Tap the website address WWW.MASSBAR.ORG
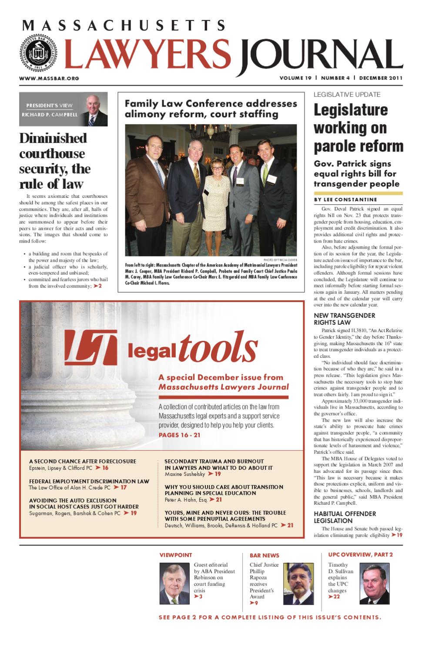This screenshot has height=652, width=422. tap(49, 79)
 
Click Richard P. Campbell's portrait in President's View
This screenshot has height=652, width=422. tap(96, 111)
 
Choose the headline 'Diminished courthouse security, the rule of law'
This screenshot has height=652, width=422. tap(55, 161)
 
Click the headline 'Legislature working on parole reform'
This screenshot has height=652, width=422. tap(358, 128)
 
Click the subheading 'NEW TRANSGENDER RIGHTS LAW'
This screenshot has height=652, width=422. tap(344, 319)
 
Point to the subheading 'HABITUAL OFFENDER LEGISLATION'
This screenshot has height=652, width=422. tap(345, 517)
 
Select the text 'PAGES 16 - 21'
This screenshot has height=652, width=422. tap(179, 435)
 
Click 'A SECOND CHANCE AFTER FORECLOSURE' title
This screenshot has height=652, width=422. tap(83, 461)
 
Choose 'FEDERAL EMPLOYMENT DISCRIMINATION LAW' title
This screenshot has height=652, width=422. tap(89, 481)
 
